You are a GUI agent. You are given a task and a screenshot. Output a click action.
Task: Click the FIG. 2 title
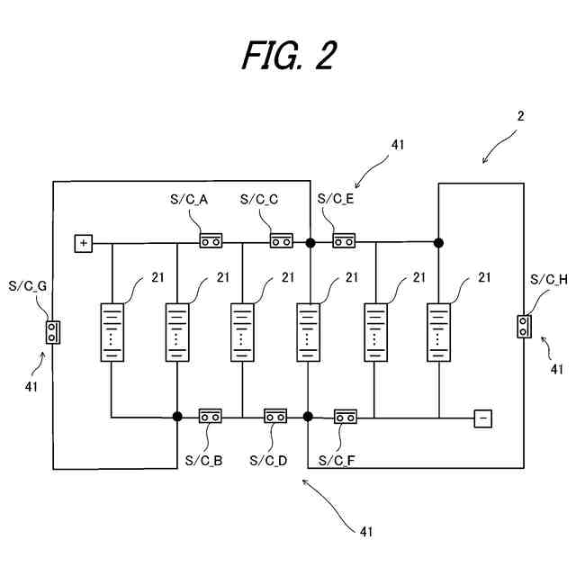[x=288, y=56]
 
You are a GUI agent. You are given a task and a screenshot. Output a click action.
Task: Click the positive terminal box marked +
[x=84, y=242]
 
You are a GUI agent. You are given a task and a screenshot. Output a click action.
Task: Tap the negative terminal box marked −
[x=483, y=417]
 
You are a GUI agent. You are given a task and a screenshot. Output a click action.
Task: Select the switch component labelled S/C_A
[x=211, y=241]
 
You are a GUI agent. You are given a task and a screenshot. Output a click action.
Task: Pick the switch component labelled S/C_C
[x=282, y=241]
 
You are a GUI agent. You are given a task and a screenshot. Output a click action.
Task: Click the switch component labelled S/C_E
[x=344, y=241]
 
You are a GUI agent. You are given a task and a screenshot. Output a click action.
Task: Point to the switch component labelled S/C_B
[x=211, y=417]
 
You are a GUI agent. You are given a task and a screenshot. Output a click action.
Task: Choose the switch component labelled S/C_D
[x=275, y=417]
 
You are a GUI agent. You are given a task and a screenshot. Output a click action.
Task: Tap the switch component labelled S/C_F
[x=345, y=417]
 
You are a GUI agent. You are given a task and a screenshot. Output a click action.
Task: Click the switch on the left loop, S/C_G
[x=52, y=332]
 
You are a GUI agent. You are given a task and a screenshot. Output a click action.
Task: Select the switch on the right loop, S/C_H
[x=523, y=326]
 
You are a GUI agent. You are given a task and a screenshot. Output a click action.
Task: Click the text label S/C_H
[x=549, y=280]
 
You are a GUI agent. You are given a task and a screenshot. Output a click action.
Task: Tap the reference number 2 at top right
[x=520, y=116]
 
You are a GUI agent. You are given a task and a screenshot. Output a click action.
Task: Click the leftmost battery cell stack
[x=112, y=332]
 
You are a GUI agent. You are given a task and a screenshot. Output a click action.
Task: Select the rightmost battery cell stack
[x=439, y=332]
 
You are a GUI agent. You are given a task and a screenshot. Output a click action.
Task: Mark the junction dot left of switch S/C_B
[x=177, y=417]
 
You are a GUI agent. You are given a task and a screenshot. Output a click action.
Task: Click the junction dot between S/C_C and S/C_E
[x=310, y=242]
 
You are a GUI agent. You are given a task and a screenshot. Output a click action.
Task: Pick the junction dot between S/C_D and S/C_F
[x=308, y=417]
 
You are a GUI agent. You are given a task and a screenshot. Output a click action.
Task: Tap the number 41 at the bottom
[x=365, y=531]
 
